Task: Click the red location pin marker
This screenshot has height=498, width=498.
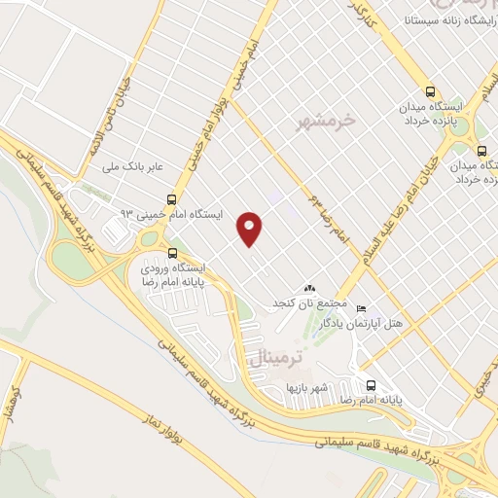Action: click(250, 228)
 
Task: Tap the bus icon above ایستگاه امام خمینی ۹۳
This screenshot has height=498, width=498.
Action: click(172, 195)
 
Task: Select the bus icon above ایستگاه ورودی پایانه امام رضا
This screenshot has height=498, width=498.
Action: click(172, 249)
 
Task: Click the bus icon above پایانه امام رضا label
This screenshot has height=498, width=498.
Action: click(370, 383)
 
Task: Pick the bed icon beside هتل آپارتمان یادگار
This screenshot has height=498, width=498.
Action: click(362, 308)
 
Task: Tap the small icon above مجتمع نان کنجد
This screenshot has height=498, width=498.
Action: click(309, 289)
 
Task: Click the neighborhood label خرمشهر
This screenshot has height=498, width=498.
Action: click(330, 122)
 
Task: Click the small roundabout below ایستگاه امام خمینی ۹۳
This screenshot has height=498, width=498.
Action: click(150, 238)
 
